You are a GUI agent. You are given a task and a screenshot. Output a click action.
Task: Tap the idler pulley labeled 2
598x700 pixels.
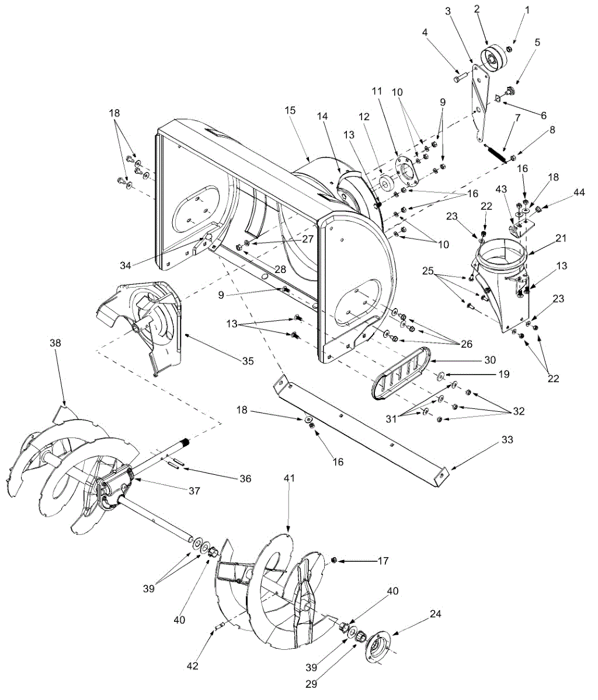coord(492,59)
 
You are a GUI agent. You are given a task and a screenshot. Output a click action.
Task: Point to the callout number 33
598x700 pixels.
coord(507,440)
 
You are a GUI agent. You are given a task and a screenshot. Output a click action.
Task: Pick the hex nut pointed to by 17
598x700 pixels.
coord(334,561)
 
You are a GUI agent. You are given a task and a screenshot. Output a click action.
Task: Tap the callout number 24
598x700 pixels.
coord(436,614)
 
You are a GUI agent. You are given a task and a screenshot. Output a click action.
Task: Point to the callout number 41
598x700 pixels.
coord(289,478)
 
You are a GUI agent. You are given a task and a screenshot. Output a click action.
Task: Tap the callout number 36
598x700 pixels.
coord(245,479)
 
